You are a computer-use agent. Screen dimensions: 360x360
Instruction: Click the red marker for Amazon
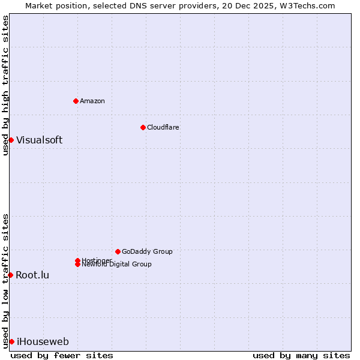[76, 101]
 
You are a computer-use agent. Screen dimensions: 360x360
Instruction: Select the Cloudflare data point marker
[143, 127]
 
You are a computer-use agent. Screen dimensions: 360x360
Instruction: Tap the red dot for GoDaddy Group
[118, 251]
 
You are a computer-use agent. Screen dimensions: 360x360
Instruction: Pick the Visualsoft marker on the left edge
[11, 140]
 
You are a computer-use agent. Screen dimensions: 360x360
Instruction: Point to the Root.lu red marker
[11, 275]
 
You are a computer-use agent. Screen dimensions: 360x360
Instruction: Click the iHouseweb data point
[11, 341]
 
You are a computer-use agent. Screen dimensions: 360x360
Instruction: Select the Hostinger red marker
[78, 260]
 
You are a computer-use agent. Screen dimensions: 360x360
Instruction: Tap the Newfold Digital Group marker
[78, 264]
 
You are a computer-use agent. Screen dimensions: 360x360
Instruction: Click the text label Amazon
[92, 101]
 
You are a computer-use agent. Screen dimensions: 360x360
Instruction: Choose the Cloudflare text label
[163, 127]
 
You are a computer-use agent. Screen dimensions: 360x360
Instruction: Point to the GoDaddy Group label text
[147, 251]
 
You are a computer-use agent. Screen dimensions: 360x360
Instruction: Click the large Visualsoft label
[39, 140]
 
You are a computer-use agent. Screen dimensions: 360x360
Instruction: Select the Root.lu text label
[32, 275]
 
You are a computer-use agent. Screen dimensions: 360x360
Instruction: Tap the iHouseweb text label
[43, 341]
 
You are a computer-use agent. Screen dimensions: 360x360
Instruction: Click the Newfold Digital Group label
[116, 264]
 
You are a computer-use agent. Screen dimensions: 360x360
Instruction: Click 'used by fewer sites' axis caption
[62, 355]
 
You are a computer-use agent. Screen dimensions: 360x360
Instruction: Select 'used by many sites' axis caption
[301, 355]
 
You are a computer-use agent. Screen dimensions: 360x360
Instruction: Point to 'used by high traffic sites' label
[5, 85]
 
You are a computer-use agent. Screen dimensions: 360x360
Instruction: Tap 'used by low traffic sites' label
[5, 280]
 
